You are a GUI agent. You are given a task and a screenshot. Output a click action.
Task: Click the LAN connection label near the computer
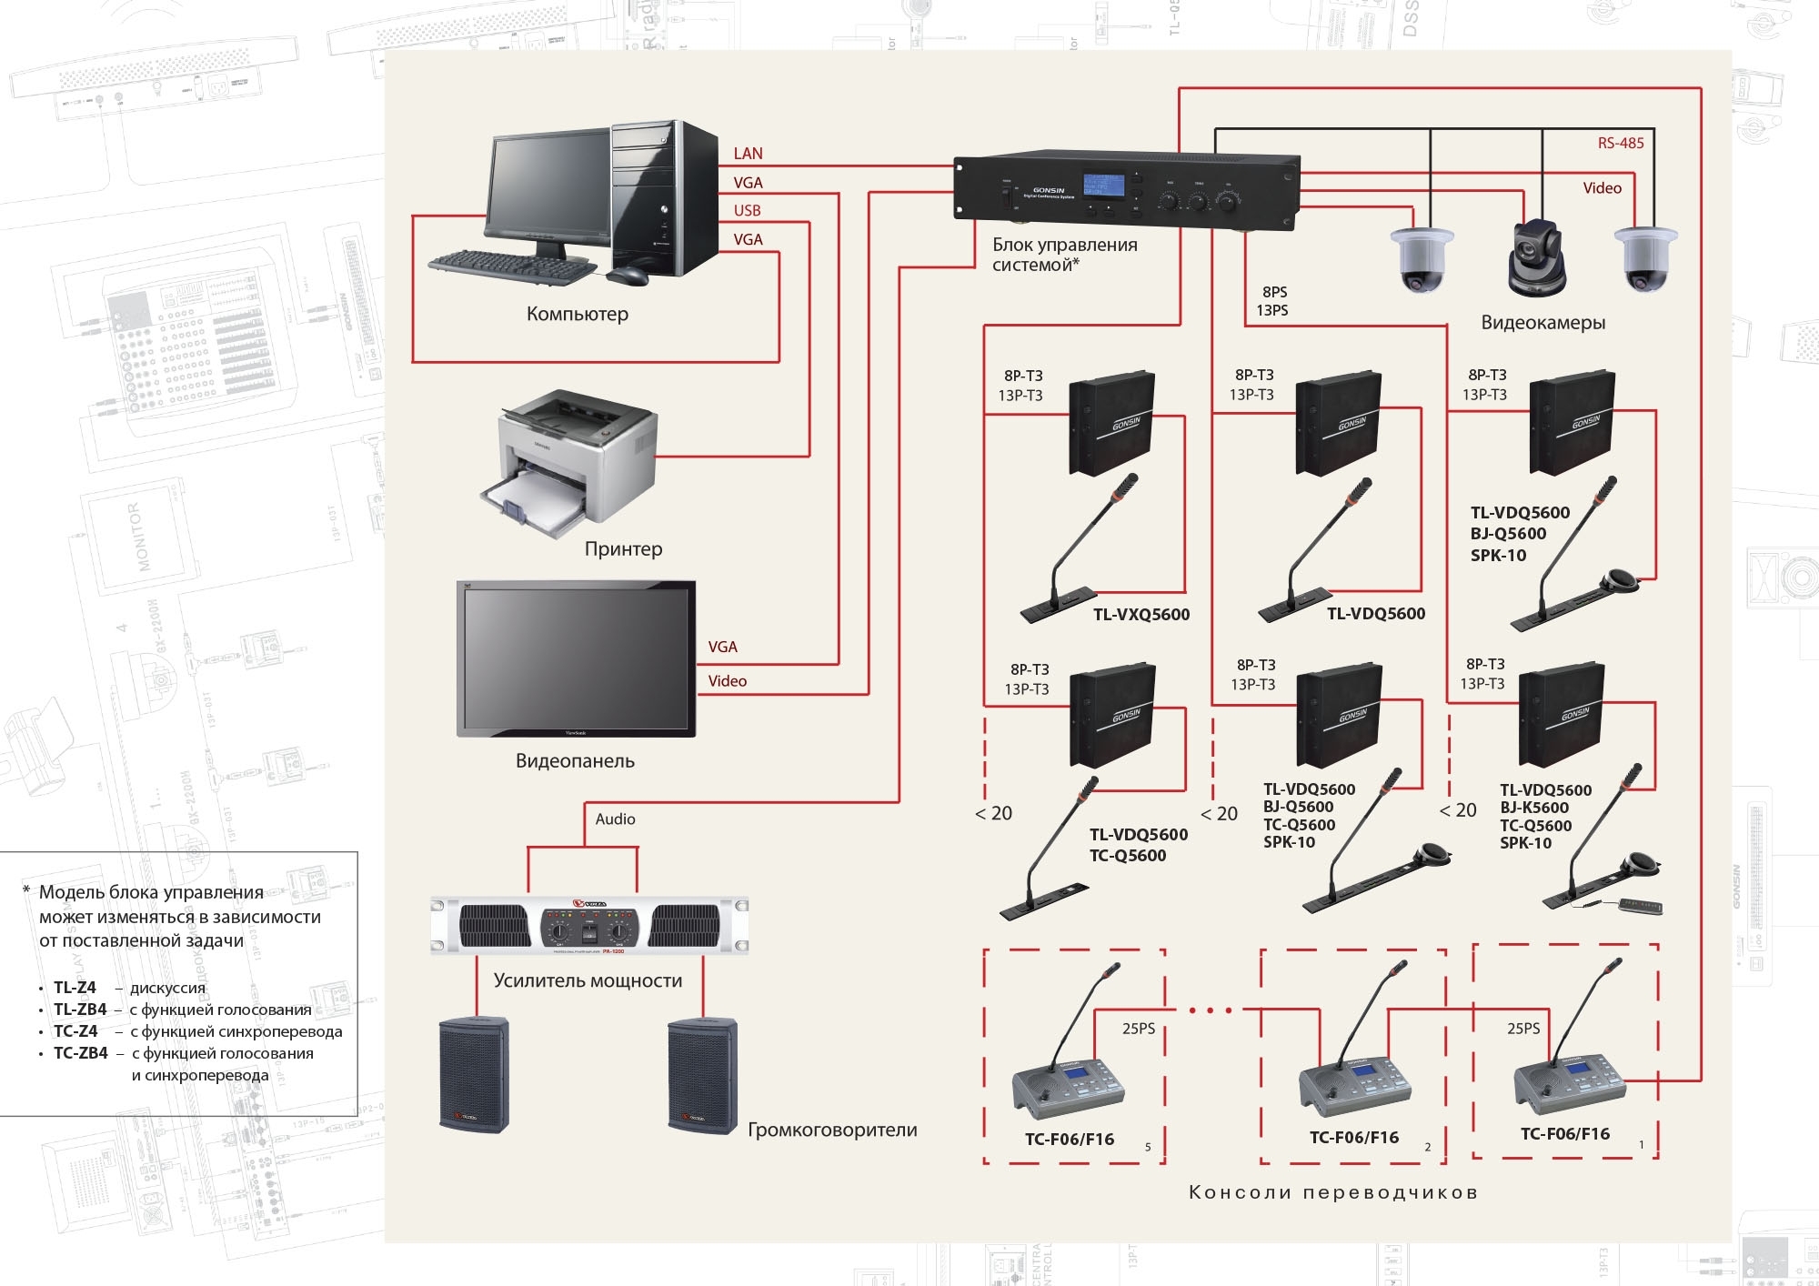click(748, 154)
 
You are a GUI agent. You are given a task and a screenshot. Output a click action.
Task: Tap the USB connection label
click(747, 211)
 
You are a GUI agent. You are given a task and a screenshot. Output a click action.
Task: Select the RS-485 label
click(1621, 143)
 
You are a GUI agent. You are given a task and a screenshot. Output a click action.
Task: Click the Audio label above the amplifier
click(615, 819)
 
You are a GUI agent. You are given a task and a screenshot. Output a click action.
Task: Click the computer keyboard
click(512, 266)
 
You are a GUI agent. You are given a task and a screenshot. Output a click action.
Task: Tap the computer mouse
click(628, 276)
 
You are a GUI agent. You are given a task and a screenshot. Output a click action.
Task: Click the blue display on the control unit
click(1103, 186)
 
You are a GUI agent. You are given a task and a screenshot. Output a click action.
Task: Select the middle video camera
click(1536, 259)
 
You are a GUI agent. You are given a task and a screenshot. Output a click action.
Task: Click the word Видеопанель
click(575, 761)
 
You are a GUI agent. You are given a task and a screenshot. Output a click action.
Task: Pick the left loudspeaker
click(474, 1074)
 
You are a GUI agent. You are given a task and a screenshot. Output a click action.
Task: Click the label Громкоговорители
click(832, 1130)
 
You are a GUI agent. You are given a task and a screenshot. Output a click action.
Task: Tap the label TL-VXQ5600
click(1141, 615)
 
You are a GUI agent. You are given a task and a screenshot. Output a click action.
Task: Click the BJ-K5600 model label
click(1534, 808)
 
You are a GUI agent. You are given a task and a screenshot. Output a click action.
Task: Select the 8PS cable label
click(1274, 292)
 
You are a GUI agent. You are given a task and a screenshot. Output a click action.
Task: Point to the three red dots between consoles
click(1211, 1010)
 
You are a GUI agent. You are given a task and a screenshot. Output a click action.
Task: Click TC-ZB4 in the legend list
click(80, 1053)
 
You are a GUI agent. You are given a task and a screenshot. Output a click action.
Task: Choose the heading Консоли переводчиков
click(1333, 1192)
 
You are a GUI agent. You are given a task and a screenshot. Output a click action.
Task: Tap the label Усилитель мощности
click(588, 981)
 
